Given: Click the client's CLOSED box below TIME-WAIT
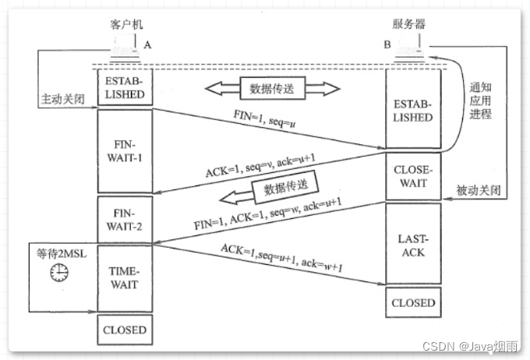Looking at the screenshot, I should [124, 329].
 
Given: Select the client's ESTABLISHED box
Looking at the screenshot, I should [124, 86].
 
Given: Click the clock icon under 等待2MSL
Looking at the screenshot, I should [59, 272].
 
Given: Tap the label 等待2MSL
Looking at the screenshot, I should [60, 252].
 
